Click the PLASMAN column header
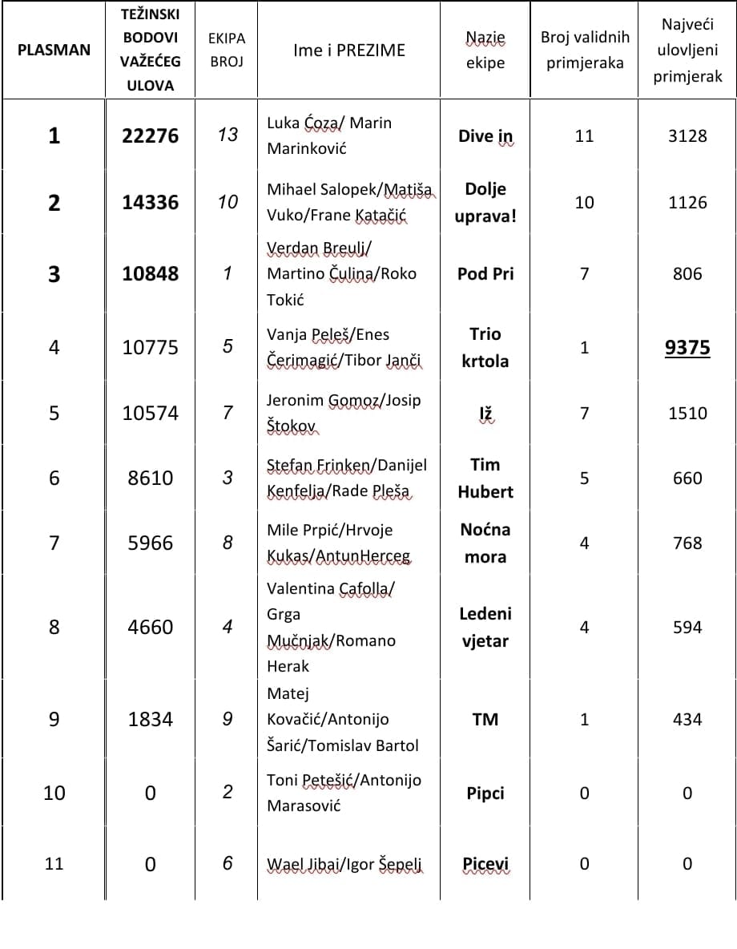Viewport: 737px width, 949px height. pos(54,50)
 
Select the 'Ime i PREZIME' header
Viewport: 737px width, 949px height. pos(349,50)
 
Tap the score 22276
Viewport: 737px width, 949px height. pos(151,135)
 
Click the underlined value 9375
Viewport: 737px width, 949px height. pos(687,347)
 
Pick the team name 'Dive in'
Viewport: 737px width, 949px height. pos(485,136)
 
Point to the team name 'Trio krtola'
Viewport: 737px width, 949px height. pos(485,347)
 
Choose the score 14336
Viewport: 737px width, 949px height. pos(151,203)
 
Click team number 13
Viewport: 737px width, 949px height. pos(228,135)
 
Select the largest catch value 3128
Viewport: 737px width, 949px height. pos(687,135)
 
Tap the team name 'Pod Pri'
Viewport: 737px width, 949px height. pos(485,273)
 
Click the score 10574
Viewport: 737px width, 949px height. pos(151,413)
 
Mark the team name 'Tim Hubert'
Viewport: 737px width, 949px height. pos(485,478)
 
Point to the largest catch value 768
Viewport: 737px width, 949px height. pos(687,543)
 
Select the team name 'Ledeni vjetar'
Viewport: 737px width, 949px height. pos(485,627)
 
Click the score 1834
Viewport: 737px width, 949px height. pos(151,719)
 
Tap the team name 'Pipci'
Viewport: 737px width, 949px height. pos(485,793)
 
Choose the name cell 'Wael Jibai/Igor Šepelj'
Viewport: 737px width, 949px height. pos(345,865)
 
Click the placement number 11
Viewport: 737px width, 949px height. pos(54,864)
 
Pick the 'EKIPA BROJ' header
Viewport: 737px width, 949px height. pos(227,50)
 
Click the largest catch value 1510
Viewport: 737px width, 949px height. pos(687,413)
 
